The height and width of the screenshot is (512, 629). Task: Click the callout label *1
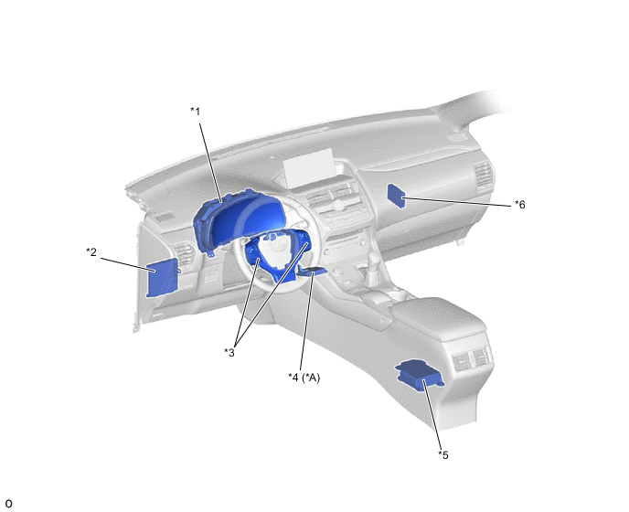[x=196, y=112]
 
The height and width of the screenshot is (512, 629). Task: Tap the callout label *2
[x=91, y=252]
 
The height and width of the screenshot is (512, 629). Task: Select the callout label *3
[x=229, y=353]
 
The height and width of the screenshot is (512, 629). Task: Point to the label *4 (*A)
[x=304, y=378]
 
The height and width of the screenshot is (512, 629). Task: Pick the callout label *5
[x=443, y=455]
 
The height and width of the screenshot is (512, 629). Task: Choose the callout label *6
[x=520, y=205]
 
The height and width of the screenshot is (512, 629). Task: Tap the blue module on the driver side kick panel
[x=162, y=277]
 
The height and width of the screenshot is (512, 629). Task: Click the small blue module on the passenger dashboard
[x=397, y=196]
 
